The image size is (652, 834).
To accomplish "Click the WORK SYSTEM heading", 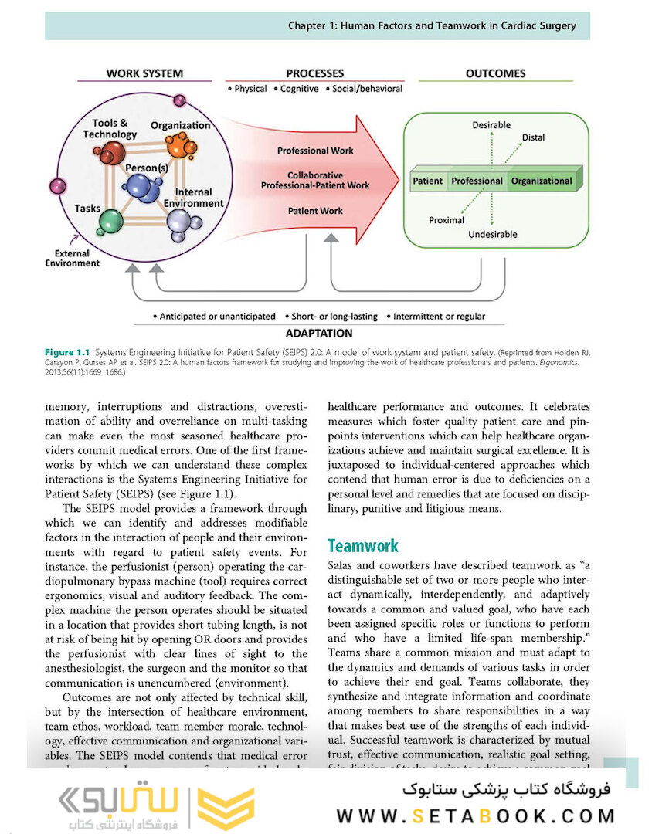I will point(144,73).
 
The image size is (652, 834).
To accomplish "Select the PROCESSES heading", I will point(315,73).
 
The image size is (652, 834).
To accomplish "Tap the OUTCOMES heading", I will point(495,73).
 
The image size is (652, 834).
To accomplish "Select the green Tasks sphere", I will point(110,222).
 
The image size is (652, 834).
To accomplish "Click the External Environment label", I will point(76,258).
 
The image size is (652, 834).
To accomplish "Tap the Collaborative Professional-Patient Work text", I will point(315,181).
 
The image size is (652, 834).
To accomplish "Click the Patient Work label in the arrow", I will point(315,210).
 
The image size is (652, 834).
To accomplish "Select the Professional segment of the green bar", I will point(477,181).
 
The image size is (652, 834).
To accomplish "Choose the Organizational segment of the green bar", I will point(541,181).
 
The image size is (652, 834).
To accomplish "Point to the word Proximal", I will point(447,220).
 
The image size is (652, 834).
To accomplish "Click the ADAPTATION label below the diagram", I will point(318,334).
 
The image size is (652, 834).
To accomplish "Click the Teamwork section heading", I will point(363,546).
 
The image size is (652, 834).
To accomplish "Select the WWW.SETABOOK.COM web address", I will point(476,815).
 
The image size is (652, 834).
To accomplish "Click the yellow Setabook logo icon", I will point(225,809).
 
